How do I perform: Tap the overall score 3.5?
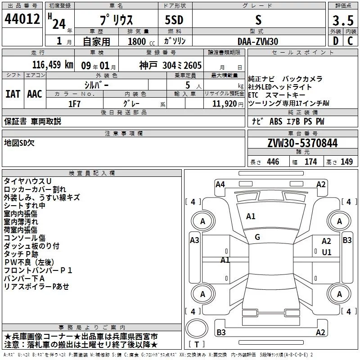(342, 20)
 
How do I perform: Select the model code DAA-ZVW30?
(257, 41)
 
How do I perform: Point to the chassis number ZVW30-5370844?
(302, 143)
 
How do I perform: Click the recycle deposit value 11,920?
(224, 103)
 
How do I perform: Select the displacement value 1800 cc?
(140, 41)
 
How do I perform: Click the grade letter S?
(258, 20)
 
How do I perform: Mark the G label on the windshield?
(257, 237)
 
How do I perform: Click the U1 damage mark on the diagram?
(326, 252)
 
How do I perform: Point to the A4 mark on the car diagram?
(220, 184)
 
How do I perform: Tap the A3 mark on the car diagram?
(194, 240)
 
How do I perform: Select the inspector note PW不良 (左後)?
(29, 262)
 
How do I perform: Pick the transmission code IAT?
(13, 94)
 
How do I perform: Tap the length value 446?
(273, 162)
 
